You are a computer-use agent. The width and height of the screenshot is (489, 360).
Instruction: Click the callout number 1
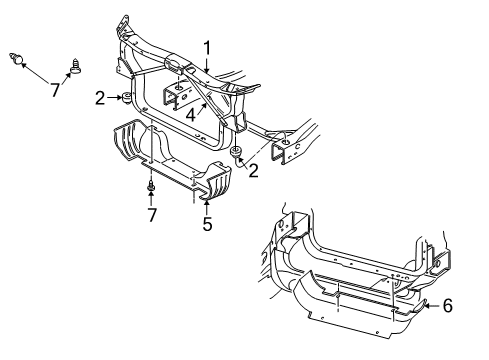[208, 46]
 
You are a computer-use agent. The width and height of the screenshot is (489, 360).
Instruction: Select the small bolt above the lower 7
[150, 186]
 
